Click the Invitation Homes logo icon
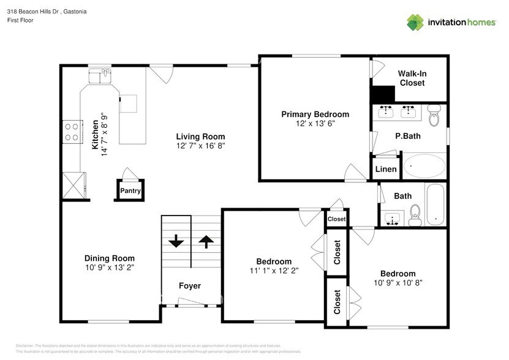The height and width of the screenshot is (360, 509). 416,22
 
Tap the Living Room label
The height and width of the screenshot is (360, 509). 200,137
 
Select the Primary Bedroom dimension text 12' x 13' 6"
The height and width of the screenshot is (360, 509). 315,124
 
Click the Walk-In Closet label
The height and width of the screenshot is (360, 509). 412,78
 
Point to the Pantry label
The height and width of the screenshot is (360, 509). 130,191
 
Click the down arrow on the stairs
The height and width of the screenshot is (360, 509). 176,240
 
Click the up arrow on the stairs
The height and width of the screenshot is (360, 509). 205,240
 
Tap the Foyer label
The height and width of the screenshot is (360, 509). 189,286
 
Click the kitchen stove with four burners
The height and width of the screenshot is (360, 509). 72,130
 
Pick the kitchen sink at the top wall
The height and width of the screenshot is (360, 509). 99,76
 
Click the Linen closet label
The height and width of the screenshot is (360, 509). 385,169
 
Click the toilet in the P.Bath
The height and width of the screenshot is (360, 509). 434,115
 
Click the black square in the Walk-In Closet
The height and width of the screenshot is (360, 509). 383,94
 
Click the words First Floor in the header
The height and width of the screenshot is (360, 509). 20,20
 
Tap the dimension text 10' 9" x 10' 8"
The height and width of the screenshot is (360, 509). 398,283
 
